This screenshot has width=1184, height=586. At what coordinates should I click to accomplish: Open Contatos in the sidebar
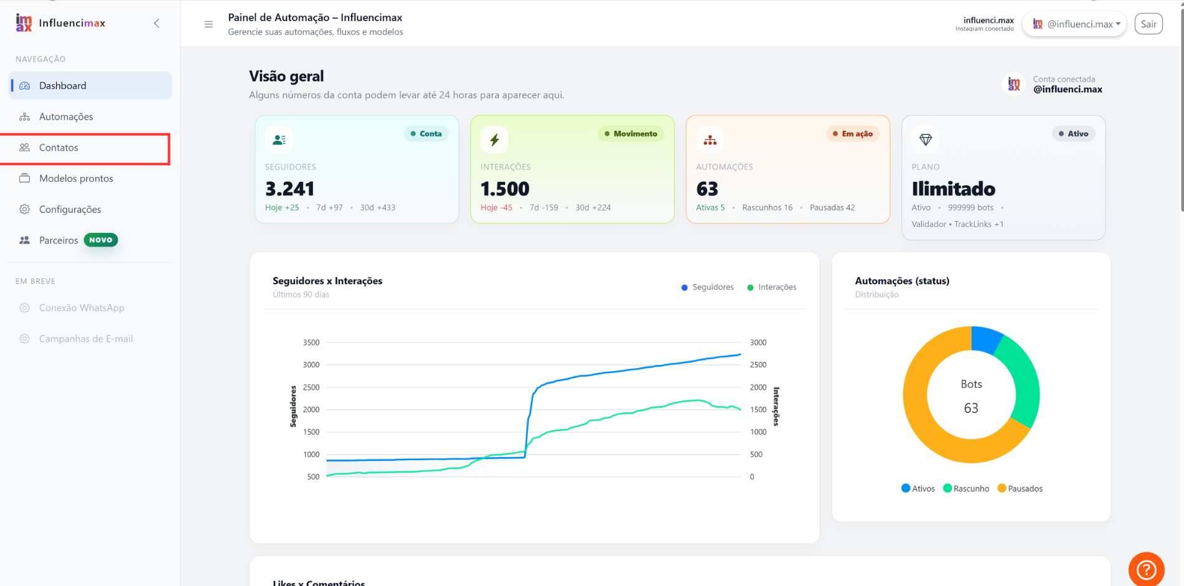pos(59,148)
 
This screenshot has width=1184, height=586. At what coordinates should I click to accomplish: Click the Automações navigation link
pos(66,116)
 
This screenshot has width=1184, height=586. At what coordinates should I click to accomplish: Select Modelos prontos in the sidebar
pos(76,179)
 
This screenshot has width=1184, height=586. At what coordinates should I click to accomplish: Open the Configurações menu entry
pos(70,209)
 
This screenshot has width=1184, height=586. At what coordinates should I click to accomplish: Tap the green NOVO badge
pos(101,240)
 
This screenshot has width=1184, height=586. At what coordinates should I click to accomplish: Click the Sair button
pos(1149,24)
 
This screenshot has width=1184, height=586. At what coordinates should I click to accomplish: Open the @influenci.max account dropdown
pos(1075,24)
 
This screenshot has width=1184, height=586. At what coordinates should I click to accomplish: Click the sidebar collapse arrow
pos(157,24)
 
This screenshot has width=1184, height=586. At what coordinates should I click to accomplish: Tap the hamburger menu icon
pos(209,24)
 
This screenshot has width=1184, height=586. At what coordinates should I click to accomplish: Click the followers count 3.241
pos(289,188)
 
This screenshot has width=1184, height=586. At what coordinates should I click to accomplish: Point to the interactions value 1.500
pos(505,188)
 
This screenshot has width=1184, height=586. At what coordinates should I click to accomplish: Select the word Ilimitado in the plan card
pos(953,188)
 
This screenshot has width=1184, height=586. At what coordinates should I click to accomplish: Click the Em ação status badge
pos(853,134)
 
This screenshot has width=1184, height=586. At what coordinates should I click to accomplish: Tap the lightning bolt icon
pos(494,139)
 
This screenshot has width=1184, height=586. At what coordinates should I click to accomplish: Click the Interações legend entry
pos(772,287)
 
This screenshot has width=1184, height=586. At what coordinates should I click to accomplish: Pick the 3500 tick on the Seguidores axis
pos(311,343)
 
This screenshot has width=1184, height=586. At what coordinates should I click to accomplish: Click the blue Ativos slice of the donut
pos(986,339)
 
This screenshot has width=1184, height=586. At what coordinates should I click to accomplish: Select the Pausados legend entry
pos(1020,489)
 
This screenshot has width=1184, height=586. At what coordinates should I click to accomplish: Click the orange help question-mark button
pos(1147,569)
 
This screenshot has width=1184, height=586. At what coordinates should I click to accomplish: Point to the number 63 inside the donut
pos(971,408)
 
